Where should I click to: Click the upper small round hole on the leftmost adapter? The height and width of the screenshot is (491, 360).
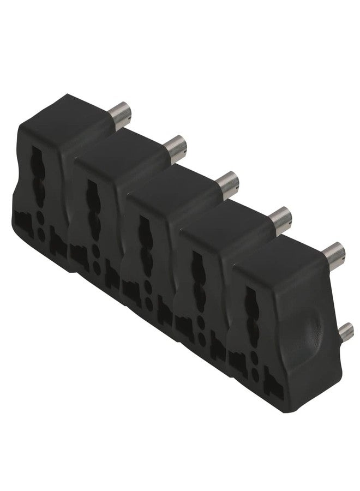(x=41, y=217)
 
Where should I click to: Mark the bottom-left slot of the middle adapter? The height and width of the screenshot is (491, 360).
(x=129, y=287)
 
